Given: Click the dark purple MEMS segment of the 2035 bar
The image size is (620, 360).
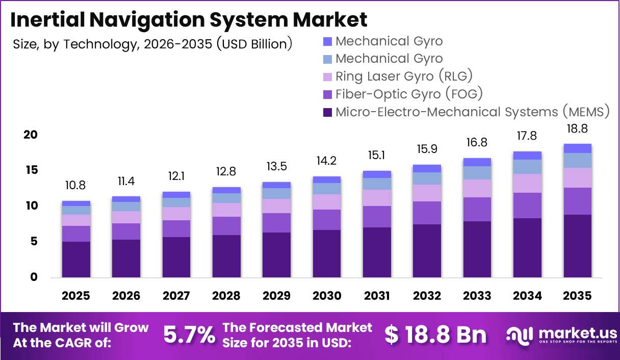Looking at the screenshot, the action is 577,246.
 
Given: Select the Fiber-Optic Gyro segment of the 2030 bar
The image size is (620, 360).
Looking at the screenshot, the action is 327,220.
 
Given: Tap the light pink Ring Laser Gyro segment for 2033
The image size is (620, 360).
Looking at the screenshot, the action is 477,189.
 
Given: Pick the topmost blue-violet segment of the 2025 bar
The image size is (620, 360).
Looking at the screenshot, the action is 76,203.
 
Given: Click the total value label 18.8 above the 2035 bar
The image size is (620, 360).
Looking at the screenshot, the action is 577,128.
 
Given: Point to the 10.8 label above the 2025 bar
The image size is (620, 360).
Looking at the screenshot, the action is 75,185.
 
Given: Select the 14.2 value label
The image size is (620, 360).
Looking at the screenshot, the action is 327,161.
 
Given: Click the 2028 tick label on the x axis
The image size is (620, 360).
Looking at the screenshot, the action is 226,296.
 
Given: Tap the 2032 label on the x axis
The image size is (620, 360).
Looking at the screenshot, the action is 427,296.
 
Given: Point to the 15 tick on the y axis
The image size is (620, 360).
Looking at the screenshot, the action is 32,170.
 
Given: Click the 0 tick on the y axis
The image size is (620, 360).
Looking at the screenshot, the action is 34,277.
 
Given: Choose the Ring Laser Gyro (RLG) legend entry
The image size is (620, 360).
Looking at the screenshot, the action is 398,76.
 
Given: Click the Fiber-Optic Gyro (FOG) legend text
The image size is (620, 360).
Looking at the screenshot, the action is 409,94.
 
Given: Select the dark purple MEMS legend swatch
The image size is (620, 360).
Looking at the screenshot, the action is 327,112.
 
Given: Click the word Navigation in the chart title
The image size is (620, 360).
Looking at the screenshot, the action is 147,20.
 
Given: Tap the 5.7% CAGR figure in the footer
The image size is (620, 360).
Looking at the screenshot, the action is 189,335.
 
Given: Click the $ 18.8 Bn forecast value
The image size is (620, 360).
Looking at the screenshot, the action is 435,335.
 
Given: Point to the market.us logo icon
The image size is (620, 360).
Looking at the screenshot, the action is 519,336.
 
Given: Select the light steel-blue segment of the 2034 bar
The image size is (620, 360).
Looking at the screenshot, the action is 527,167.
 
